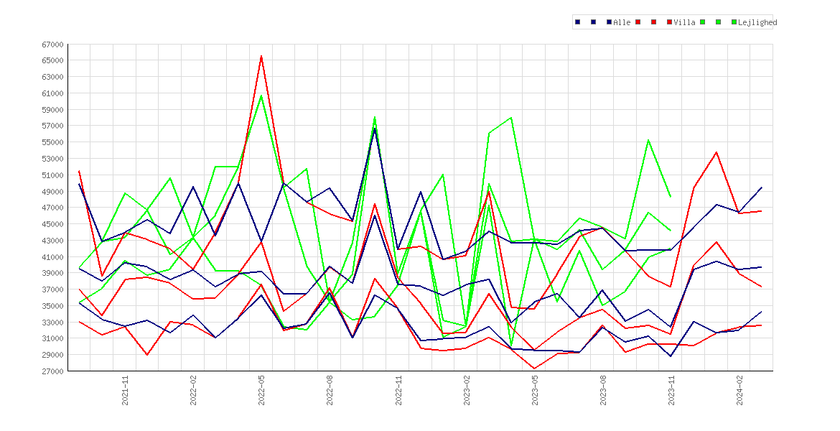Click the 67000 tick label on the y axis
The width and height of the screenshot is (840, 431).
click(x=53, y=45)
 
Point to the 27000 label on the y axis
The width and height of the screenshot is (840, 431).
click(x=53, y=371)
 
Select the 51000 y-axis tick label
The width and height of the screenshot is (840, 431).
click(x=53, y=175)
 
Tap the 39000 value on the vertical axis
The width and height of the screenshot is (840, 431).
click(x=53, y=274)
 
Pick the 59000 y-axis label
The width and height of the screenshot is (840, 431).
click(x=53, y=110)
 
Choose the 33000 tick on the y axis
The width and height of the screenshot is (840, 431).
click(x=53, y=323)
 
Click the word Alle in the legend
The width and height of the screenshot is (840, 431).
click(x=622, y=22)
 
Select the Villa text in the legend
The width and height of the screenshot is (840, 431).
click(x=685, y=22)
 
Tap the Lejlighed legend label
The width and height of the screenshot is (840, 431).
click(x=757, y=22)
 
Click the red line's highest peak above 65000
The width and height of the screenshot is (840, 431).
click(x=261, y=56)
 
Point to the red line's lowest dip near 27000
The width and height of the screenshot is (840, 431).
click(x=535, y=369)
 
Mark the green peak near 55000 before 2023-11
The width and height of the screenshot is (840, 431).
click(x=648, y=140)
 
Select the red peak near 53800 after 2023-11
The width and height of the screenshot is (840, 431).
click(x=717, y=152)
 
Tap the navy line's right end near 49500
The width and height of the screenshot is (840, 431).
click(x=762, y=187)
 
